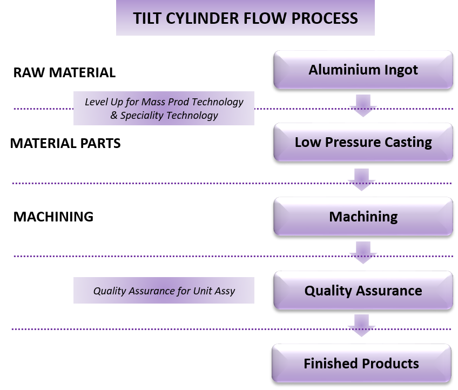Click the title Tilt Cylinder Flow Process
pos(245,18)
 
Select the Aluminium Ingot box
pos(363,70)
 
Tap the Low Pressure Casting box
pos(363,143)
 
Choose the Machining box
pos(363,217)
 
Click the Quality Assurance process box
pos(363,291)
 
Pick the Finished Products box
pos(361,364)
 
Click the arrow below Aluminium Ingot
pos(362,105)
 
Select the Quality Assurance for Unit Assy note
pos(164,291)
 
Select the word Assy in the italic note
pos(224,291)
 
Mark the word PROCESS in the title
pos(325,18)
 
